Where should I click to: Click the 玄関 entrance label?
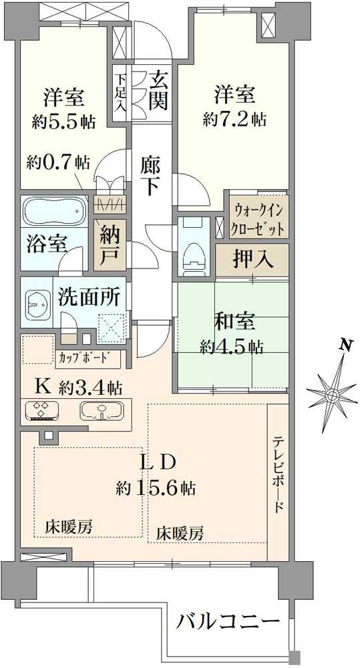158,91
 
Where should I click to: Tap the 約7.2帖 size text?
234,120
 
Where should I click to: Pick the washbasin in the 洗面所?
37,305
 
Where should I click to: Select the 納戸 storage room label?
110,246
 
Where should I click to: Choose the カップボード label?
87,355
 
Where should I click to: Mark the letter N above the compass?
346,346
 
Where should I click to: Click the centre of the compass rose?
331,396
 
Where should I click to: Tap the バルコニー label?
228,621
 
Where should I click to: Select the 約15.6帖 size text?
156,486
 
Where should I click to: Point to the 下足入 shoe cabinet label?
121,93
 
